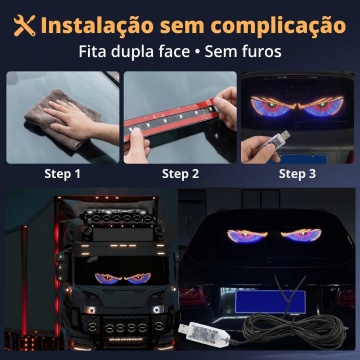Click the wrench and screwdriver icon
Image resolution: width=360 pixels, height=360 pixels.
point(24,25)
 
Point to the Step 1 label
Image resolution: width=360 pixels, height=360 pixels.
point(63,174)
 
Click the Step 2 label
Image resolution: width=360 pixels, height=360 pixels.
point(180,174)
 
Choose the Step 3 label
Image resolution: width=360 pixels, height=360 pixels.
point(297,174)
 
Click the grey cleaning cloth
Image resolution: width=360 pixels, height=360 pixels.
point(62,119)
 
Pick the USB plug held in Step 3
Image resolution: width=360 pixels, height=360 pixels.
point(277,138)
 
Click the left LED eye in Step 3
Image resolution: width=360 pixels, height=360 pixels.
point(273,106)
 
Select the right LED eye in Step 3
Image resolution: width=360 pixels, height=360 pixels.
point(320,106)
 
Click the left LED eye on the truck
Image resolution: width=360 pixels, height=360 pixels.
point(108,279)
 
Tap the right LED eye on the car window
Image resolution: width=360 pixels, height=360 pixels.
point(301,236)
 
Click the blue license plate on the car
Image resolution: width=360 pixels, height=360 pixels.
point(270,302)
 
